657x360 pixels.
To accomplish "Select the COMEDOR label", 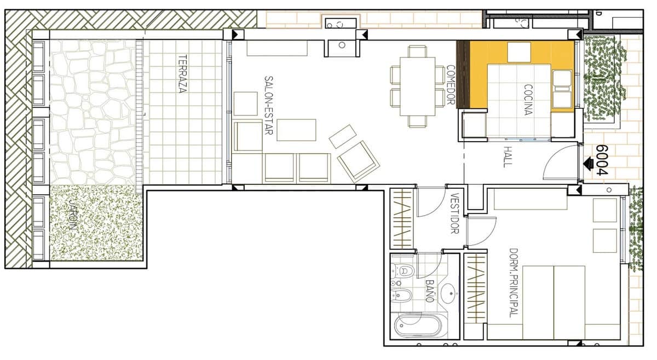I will click(x=451, y=85).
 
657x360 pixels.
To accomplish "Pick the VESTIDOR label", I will click(x=453, y=213).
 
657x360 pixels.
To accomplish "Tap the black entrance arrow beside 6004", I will click(x=589, y=162).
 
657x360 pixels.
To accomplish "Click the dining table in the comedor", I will click(x=417, y=86).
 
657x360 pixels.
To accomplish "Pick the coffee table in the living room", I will click(x=296, y=130).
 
